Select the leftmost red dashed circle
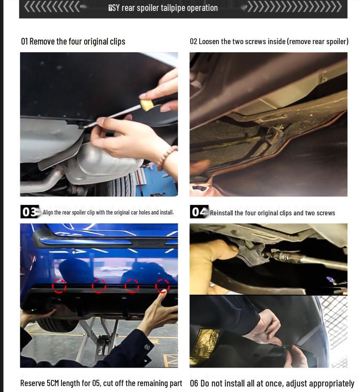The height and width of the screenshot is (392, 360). pyautogui.click(x=59, y=286)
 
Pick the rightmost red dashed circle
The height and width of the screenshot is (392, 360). pyautogui.click(x=163, y=286)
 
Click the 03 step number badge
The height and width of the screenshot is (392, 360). pyautogui.click(x=30, y=212)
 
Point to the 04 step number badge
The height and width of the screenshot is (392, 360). pyautogui.click(x=199, y=212)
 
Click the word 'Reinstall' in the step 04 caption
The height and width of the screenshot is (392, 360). pyautogui.click(x=224, y=213)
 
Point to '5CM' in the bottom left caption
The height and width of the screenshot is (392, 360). pyautogui.click(x=53, y=383)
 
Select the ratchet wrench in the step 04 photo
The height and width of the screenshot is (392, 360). pyautogui.click(x=291, y=257)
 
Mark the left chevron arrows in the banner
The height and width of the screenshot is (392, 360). pyautogui.click(x=52, y=7)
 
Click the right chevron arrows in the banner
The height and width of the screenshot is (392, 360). pyautogui.click(x=294, y=7)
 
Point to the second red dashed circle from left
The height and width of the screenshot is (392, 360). pyautogui.click(x=99, y=286)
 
